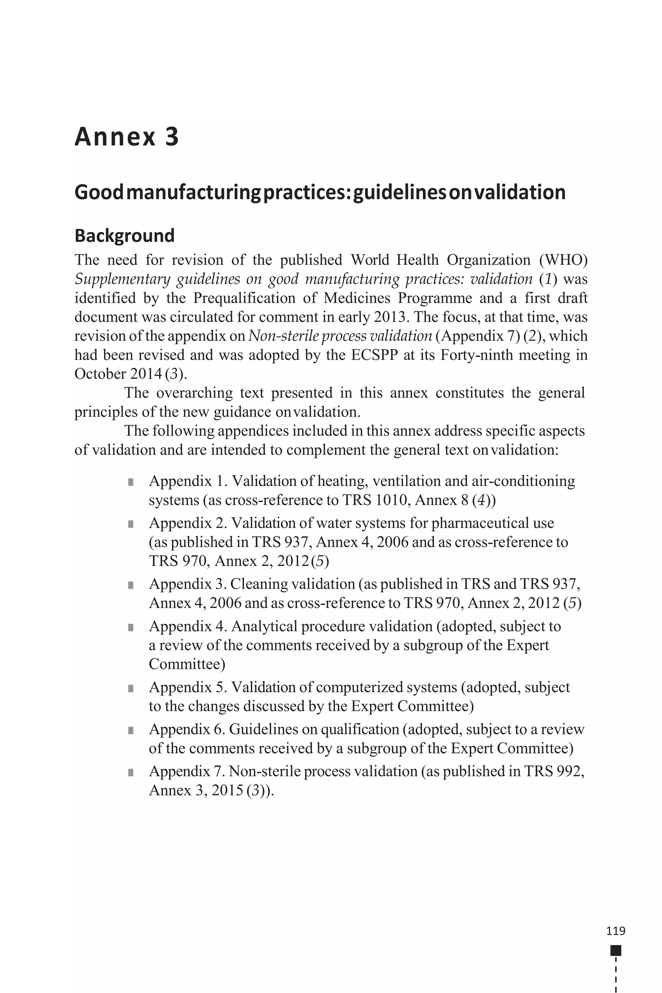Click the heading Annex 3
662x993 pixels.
pyautogui.click(x=127, y=137)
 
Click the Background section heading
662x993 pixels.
pyautogui.click(x=124, y=236)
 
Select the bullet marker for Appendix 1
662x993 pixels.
pyautogui.click(x=131, y=482)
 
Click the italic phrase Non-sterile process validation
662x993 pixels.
pyautogui.click(x=340, y=336)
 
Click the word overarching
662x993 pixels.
pyautogui.click(x=194, y=393)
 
